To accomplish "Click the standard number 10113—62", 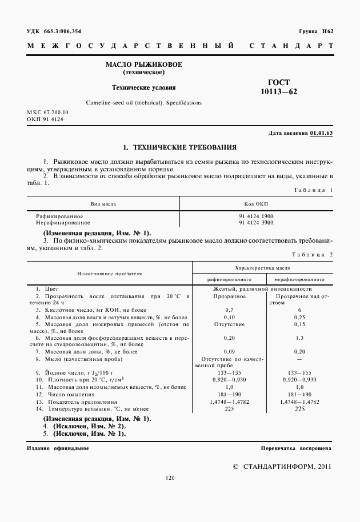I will pos(279,91).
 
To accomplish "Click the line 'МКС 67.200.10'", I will pos(47,113).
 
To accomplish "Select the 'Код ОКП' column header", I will pos(256,204).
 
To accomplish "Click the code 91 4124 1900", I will pos(256,216).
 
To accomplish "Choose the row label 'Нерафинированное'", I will pos(59,223).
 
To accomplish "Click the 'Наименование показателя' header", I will pos(110,274).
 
